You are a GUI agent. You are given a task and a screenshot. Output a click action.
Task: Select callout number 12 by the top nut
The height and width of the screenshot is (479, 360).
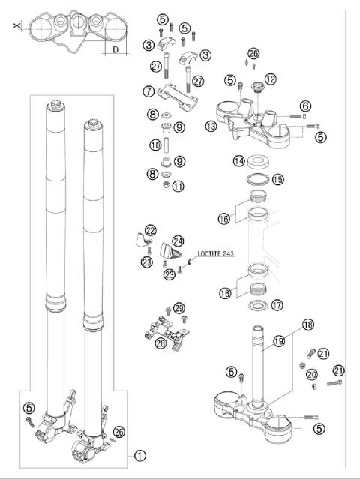coord(270,78)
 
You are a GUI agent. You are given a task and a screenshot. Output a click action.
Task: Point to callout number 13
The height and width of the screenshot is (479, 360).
coord(211,127)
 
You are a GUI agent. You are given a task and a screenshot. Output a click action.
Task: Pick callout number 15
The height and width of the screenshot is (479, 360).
coord(277,180)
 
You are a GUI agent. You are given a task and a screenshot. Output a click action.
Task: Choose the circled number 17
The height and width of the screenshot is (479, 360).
coord(277,305)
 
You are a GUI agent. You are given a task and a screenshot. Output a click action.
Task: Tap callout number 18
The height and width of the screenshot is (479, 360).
coord(306,325)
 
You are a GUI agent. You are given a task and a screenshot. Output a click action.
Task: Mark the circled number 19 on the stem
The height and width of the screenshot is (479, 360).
coord(279,341)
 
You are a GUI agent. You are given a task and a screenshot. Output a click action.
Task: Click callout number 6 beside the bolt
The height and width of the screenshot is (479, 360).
coord(305,106)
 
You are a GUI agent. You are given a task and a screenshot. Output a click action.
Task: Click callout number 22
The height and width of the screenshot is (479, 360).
coord(151,230)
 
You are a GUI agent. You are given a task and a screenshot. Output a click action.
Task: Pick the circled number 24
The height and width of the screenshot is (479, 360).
coord(178,241)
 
